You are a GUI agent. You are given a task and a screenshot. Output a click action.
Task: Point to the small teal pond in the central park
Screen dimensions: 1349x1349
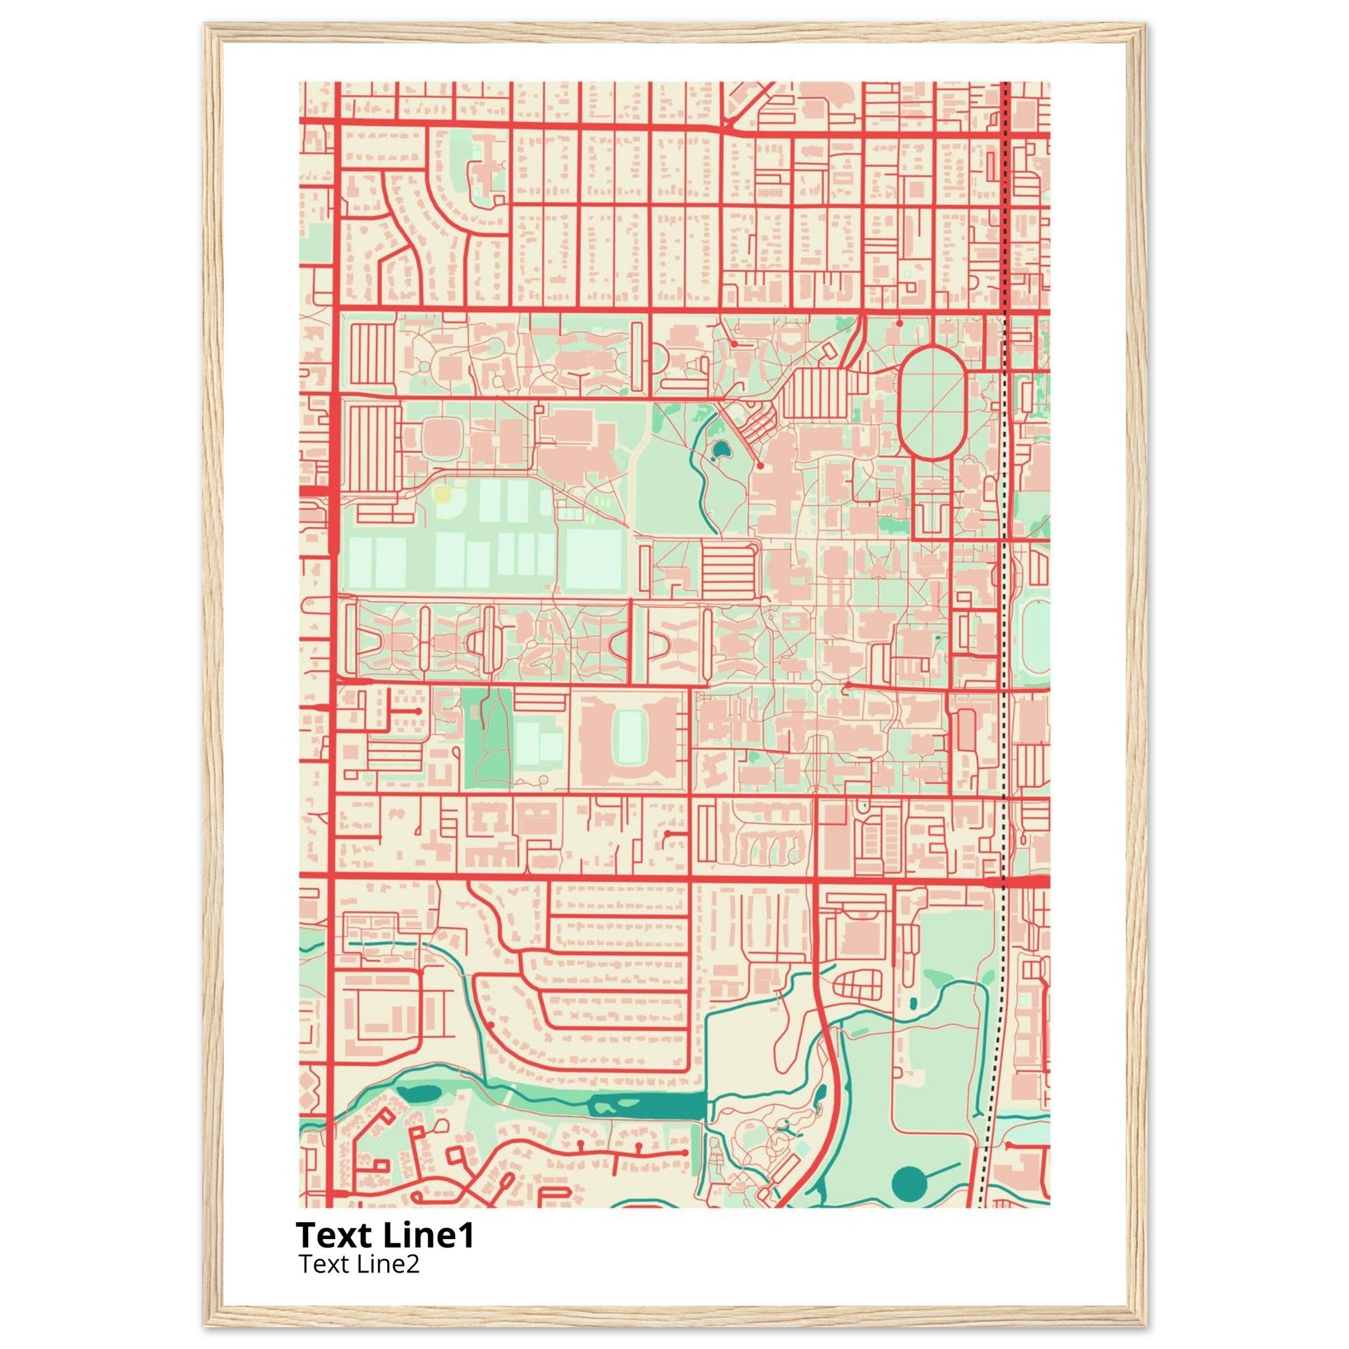tap(719, 451)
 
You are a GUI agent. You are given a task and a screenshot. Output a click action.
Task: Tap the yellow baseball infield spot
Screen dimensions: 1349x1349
tap(443, 496)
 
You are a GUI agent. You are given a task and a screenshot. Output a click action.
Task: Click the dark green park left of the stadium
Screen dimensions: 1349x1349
tap(487, 739)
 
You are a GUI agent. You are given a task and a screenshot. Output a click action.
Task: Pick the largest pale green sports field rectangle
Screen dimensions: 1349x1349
tap(593, 559)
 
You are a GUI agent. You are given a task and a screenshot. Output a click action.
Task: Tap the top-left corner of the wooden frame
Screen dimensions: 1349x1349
tap(208, 26)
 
